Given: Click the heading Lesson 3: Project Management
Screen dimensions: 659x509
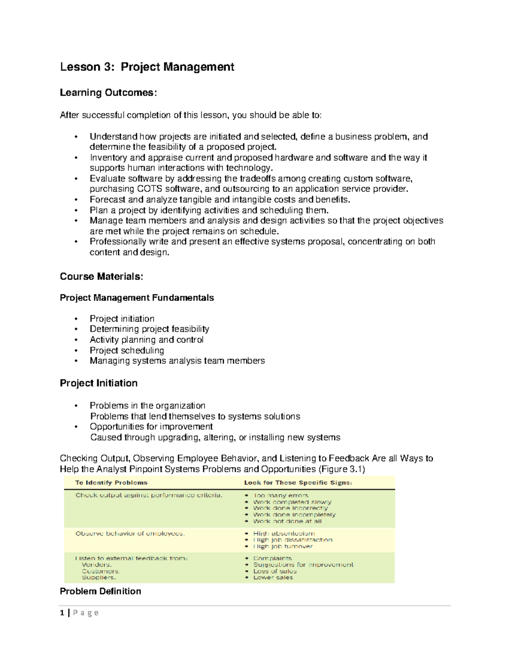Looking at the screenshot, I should (x=147, y=67).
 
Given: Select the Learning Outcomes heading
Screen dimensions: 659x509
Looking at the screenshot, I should (x=108, y=93).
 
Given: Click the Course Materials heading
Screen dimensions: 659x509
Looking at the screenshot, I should (x=101, y=277).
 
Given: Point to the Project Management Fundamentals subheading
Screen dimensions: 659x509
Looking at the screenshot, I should (x=137, y=298).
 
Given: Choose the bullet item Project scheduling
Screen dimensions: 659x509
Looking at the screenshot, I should (x=127, y=351).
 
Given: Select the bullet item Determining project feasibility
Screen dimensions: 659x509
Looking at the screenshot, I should (x=149, y=329).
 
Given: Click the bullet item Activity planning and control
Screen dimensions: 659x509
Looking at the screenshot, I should (x=146, y=340).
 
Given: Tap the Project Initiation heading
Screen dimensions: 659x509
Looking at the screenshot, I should (x=98, y=383).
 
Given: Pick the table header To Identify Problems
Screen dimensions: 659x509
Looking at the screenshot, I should (x=111, y=482).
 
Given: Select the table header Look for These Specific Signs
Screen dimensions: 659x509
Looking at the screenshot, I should (x=298, y=482).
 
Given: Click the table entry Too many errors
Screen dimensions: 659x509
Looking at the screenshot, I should (x=281, y=495).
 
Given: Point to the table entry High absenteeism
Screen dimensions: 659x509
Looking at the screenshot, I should (x=284, y=533).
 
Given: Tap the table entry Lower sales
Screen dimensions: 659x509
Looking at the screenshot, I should (x=273, y=578).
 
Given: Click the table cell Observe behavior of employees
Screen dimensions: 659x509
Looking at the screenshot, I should (x=130, y=533).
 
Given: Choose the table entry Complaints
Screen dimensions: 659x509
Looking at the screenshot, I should (x=272, y=558).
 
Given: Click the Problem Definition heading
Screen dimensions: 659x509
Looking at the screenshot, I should (x=100, y=592).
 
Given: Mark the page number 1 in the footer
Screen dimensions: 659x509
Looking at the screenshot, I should (x=62, y=613).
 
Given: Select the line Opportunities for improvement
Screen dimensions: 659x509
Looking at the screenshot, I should (x=151, y=426).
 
